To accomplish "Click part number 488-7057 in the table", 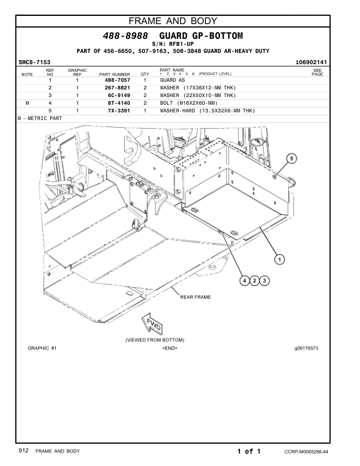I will point(117,79).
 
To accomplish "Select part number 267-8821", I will point(117,87).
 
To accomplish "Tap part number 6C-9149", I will point(117,95).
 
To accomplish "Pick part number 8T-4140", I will point(117,102).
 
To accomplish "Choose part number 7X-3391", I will point(117,110).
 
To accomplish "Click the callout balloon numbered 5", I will point(292,158).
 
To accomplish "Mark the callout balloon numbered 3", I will point(265,280).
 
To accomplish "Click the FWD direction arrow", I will point(147,324).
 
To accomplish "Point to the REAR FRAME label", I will point(196,297).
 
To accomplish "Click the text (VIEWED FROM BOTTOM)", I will point(155,340).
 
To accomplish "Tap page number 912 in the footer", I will point(24,451).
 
